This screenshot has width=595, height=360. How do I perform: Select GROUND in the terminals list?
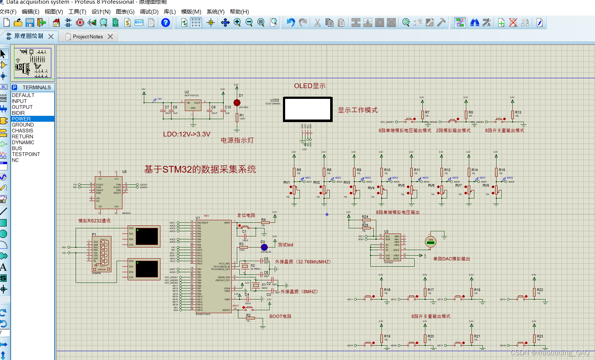click(x=23, y=125)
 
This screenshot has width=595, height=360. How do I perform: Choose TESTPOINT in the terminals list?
click(x=26, y=154)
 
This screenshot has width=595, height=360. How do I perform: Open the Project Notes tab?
click(x=88, y=37)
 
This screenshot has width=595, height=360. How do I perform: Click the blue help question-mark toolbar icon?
click(x=166, y=23)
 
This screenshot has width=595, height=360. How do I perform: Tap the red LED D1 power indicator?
click(x=237, y=103)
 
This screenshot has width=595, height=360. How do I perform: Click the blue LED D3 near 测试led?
click(x=264, y=247)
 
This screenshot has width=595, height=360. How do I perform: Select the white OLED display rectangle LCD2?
click(x=308, y=109)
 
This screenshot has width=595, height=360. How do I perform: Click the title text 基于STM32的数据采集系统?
click(x=200, y=169)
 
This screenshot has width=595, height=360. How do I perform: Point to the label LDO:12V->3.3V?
click(x=187, y=134)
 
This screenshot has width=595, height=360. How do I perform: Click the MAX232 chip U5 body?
click(x=109, y=193)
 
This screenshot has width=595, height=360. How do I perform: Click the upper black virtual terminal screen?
click(x=147, y=236)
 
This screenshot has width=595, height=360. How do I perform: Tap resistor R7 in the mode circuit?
click(x=422, y=115)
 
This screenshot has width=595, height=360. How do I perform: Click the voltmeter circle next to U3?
click(x=430, y=242)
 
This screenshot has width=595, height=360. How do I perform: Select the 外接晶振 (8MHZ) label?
click(x=299, y=291)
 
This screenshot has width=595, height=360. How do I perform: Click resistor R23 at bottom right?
click(x=534, y=339)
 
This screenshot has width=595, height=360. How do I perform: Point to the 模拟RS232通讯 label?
click(x=94, y=221)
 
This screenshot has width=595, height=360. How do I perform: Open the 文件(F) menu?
click(x=8, y=12)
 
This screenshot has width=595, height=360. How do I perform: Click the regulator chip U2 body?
click(x=193, y=105)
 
